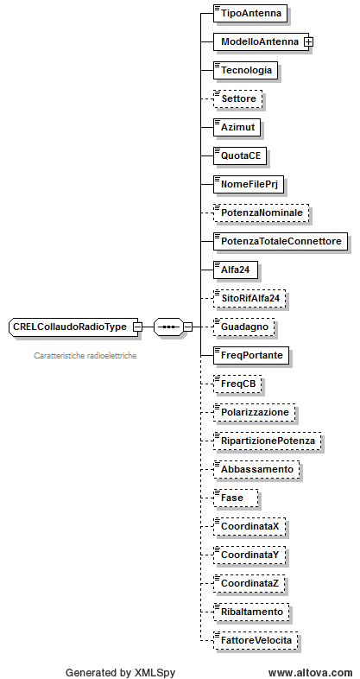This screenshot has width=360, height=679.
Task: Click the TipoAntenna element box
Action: point(250,14)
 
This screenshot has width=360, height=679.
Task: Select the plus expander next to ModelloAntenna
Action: point(309,42)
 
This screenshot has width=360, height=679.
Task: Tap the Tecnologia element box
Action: point(246,70)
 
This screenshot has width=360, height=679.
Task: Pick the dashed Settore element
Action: point(237,98)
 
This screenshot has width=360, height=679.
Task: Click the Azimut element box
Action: point(237,127)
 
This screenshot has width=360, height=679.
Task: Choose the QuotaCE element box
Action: point(240,155)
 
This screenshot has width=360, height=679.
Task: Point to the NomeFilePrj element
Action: point(249,185)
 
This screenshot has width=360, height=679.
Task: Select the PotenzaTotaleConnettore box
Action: point(281,242)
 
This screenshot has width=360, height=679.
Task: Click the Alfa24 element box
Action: point(237,270)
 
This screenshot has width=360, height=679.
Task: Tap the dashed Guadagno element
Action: point(244,327)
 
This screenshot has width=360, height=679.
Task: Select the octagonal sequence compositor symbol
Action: point(168,327)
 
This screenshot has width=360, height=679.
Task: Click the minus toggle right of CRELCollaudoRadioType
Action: point(137,327)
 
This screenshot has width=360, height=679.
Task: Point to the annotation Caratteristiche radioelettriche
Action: point(85,356)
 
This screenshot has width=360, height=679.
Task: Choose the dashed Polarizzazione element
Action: point(255,412)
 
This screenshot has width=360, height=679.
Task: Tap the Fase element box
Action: point(236,498)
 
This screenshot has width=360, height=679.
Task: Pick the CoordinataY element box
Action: point(249,555)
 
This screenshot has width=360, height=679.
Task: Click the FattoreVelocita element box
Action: point(256,640)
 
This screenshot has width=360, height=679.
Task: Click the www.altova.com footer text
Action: point(310,672)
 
